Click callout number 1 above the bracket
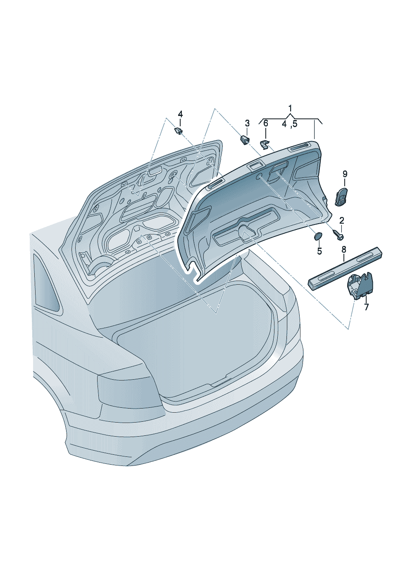tap(290, 108)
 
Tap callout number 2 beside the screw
tap(342, 220)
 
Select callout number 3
tap(247, 123)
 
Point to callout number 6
tap(266, 123)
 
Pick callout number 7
tap(366, 307)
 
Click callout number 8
tap(344, 250)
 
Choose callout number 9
tap(345, 174)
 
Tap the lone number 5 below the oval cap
tap(319, 251)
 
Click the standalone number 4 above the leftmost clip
tap(180, 114)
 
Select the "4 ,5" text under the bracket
tap(290, 124)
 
